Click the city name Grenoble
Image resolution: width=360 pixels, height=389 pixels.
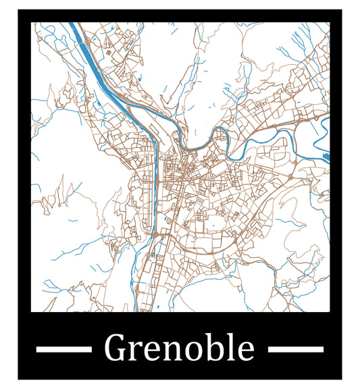tap(180, 348)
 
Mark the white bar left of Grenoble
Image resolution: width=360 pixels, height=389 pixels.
tap(63, 349)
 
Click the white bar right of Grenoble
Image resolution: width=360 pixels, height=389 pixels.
tap(296, 349)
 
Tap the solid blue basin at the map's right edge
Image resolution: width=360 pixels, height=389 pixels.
tap(328, 157)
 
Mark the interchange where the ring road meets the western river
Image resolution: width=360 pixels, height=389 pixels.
tap(155, 233)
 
